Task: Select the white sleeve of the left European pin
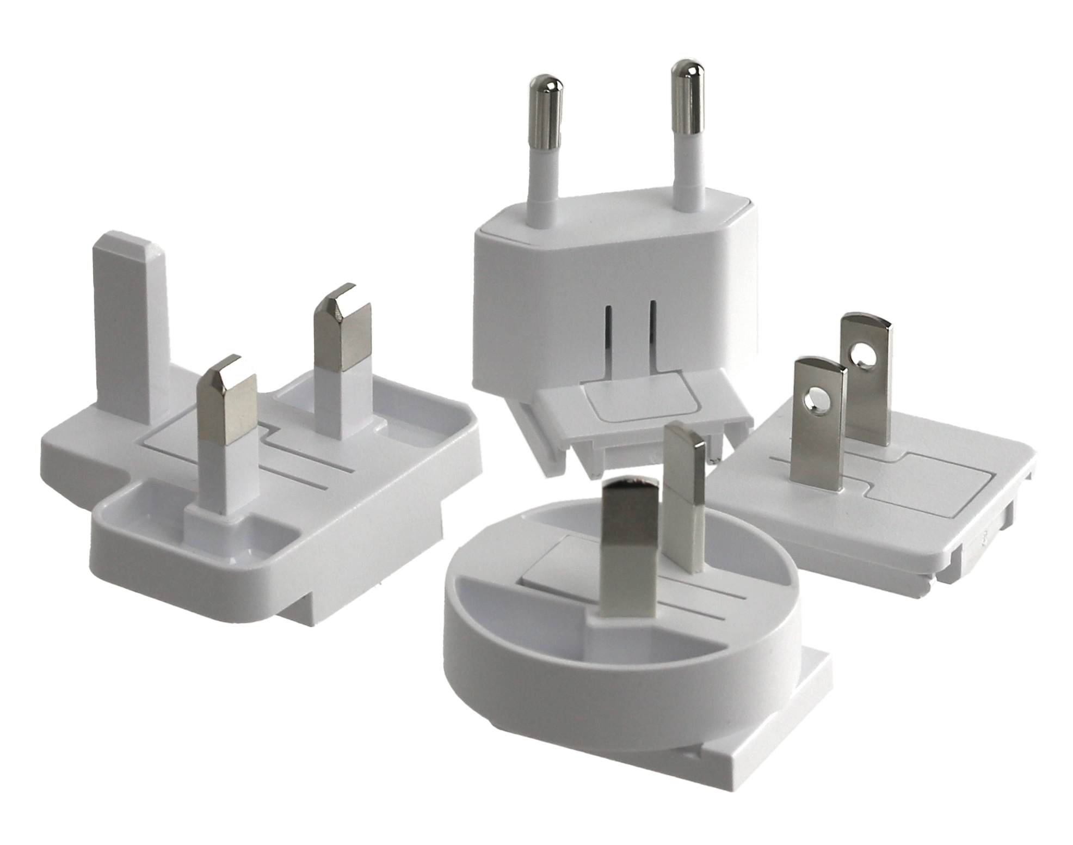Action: tap(544, 185)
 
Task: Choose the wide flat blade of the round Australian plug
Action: tap(631, 550)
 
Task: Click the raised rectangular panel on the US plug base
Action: tap(925, 487)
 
